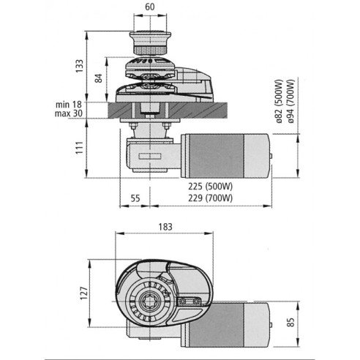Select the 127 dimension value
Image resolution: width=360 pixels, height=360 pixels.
pos(84,293)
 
